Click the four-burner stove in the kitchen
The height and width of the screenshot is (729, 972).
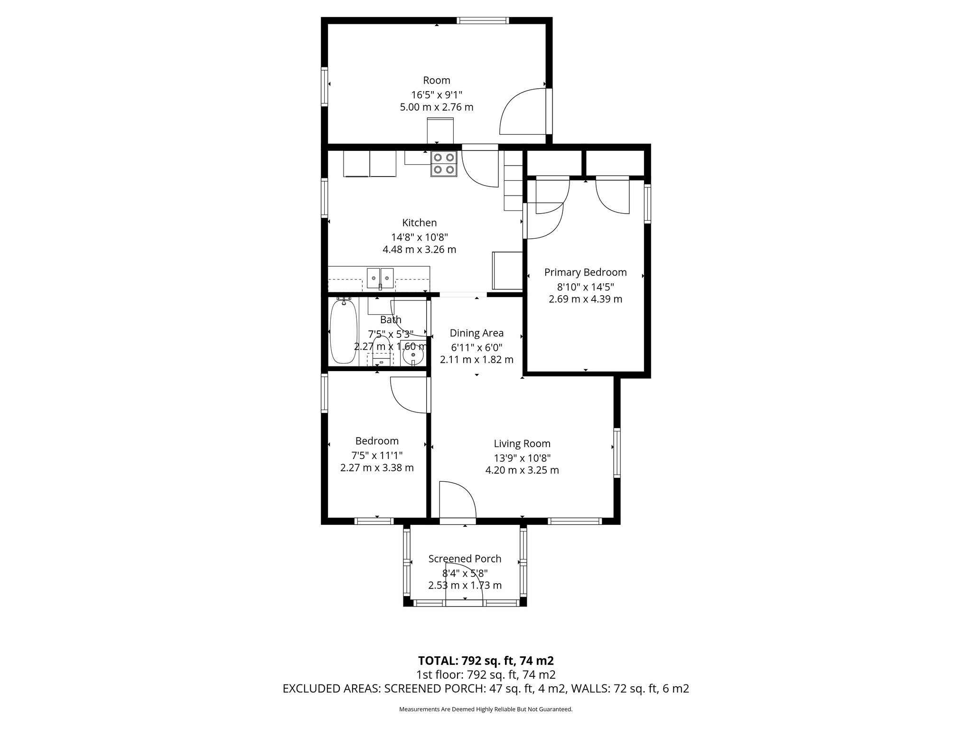444,164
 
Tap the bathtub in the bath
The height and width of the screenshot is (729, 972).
343,332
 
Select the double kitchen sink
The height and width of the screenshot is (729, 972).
381,278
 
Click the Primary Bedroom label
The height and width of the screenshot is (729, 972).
585,272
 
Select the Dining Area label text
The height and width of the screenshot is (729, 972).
477,333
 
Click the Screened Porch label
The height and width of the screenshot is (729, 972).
465,559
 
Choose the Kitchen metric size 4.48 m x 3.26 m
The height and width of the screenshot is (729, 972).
419,249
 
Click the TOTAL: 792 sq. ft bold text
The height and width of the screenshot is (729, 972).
486,661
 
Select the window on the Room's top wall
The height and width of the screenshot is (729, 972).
483,20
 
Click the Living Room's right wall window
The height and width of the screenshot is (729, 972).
617,452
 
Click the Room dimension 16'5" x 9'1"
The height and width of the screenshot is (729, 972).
436,94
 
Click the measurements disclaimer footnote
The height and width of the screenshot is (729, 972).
486,709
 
